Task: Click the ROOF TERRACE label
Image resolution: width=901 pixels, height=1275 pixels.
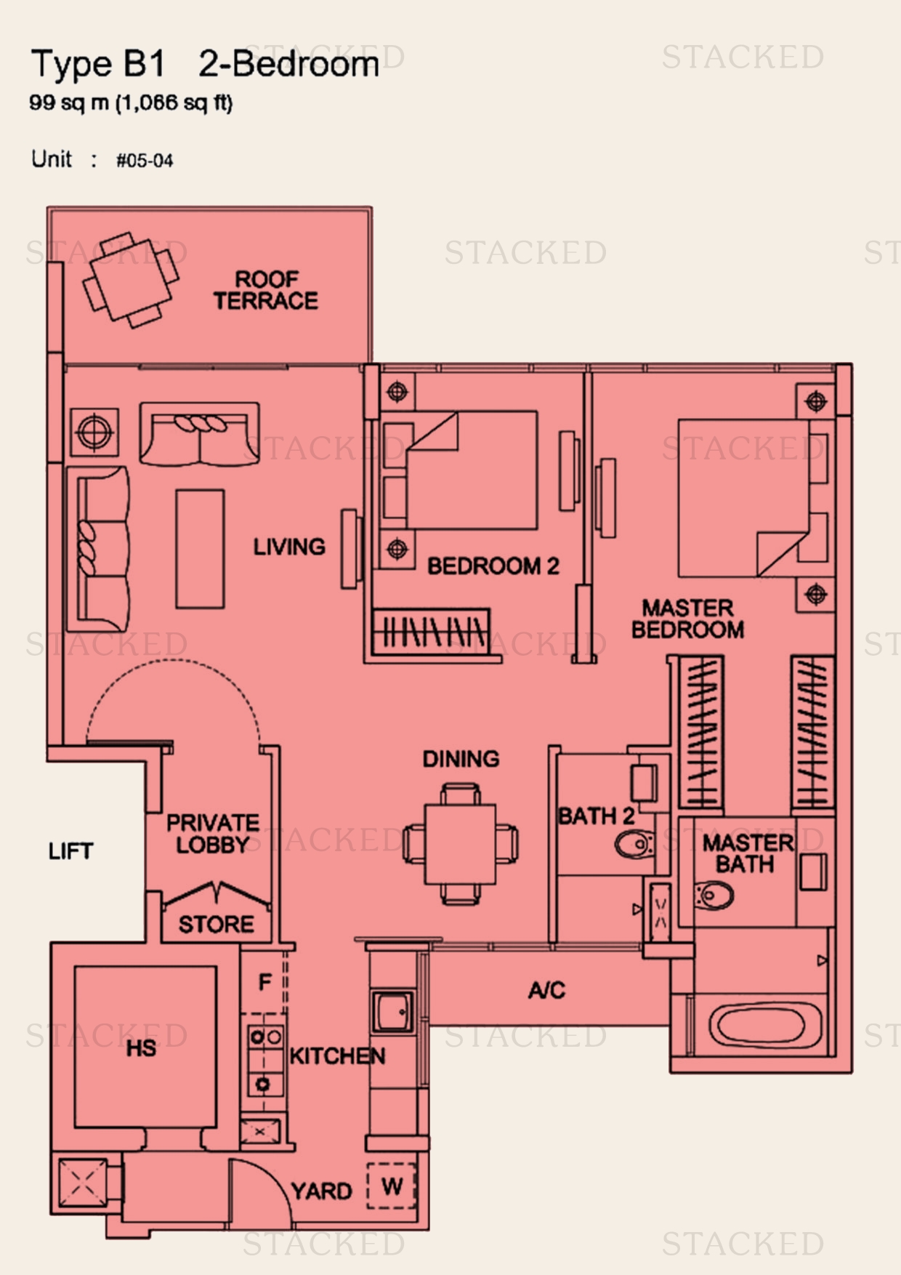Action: [x=266, y=290]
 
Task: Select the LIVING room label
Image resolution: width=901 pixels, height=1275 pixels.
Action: [x=289, y=547]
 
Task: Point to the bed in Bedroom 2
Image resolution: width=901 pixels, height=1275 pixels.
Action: [x=459, y=470]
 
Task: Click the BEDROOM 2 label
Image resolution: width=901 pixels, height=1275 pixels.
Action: [x=493, y=566]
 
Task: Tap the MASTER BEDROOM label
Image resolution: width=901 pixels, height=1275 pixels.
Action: [x=687, y=619]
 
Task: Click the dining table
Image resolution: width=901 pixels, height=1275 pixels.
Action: [x=461, y=843]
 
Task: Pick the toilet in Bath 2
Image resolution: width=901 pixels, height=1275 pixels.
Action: [x=634, y=845]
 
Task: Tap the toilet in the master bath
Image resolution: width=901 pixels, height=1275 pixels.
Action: [x=714, y=896]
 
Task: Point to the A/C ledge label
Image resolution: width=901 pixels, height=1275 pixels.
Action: [x=546, y=990]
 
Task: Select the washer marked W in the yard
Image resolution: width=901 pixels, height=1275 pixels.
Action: [x=392, y=1187]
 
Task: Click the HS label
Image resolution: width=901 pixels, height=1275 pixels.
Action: [x=141, y=1048]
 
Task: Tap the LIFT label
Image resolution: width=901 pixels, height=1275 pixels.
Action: [x=70, y=851]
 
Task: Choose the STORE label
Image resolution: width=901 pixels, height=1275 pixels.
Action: [x=217, y=925]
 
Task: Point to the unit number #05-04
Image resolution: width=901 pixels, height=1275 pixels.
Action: [x=145, y=161]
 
